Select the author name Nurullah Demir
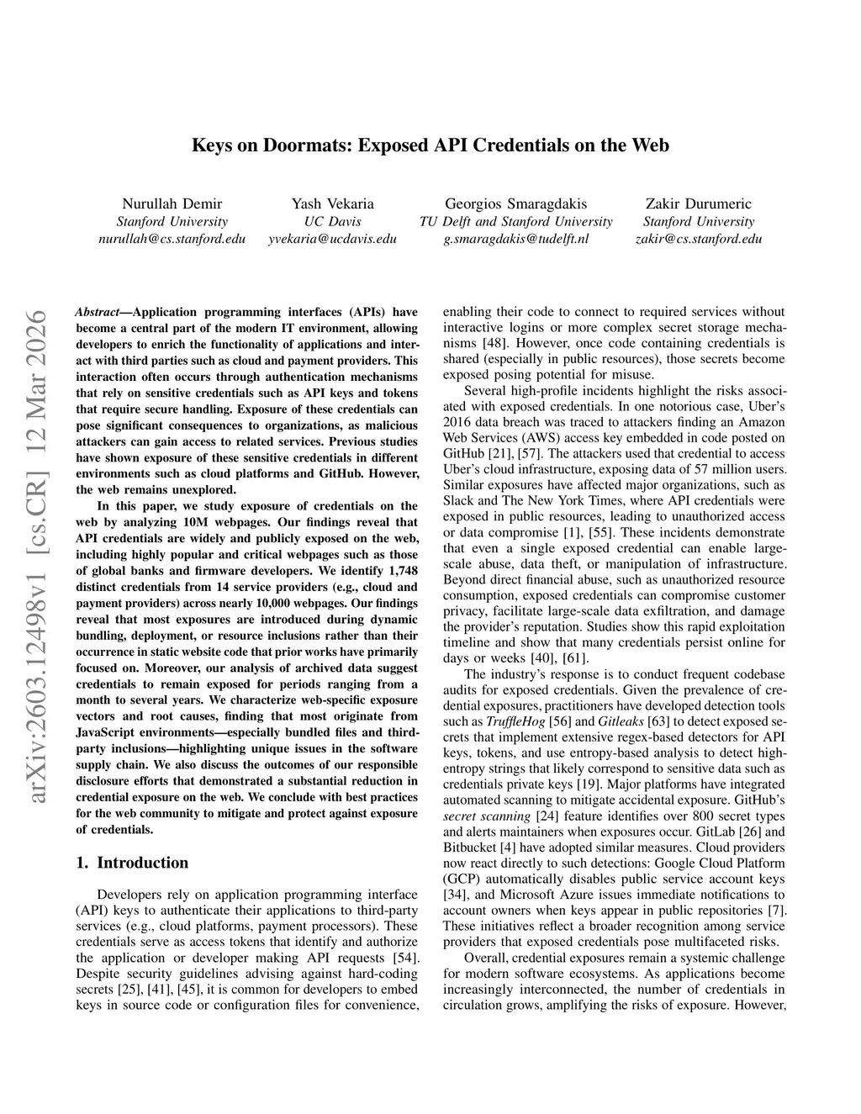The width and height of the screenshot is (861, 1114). pyautogui.click(x=172, y=203)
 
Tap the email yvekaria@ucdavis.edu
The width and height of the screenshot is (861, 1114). pyautogui.click(x=332, y=239)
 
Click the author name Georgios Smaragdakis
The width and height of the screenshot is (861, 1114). pyautogui.click(x=515, y=203)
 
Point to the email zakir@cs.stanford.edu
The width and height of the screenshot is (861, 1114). pyautogui.click(x=699, y=239)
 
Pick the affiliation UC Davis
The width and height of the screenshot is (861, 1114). pyautogui.click(x=332, y=221)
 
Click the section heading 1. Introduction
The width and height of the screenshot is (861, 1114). pyautogui.click(x=132, y=863)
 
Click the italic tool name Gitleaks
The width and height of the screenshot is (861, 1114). pyautogui.click(x=620, y=721)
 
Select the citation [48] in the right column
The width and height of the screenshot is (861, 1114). pyautogui.click(x=494, y=343)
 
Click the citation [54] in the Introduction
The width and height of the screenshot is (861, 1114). pyautogui.click(x=404, y=958)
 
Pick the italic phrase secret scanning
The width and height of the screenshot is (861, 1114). pyautogui.click(x=486, y=816)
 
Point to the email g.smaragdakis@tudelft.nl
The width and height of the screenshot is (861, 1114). pyautogui.click(x=515, y=239)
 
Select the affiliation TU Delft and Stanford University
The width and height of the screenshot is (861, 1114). pyautogui.click(x=515, y=221)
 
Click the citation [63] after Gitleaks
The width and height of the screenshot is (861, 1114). pyautogui.click(x=659, y=721)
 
